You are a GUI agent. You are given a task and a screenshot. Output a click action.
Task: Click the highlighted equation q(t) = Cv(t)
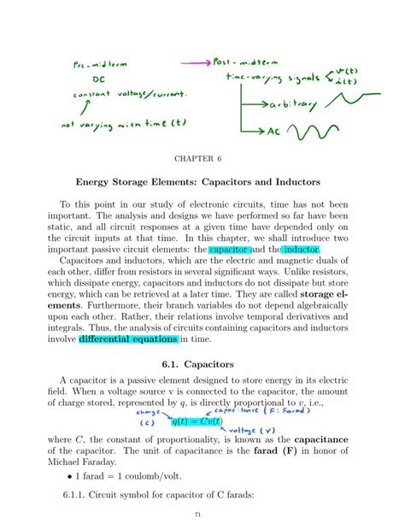pos(196,421)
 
